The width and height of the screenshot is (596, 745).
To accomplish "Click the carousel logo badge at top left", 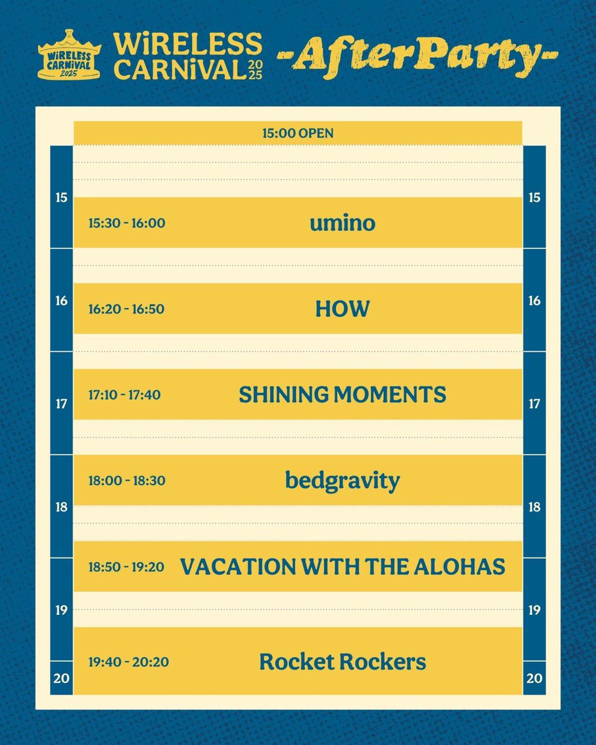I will [x=70, y=55].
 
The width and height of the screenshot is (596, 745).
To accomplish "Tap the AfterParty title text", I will [x=418, y=56].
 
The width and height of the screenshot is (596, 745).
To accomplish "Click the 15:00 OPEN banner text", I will [x=297, y=133].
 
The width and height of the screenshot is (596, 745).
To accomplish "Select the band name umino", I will [x=342, y=223].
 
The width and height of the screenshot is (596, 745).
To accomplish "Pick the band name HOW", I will [x=342, y=309].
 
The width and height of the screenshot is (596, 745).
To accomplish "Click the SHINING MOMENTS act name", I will [x=342, y=394].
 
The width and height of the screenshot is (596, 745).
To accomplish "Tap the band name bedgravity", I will [x=342, y=481].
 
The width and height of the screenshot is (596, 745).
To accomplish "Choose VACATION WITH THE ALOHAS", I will [x=342, y=566].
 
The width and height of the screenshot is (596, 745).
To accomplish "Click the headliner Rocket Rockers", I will [x=342, y=662].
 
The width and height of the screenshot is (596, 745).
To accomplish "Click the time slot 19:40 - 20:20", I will [x=127, y=662].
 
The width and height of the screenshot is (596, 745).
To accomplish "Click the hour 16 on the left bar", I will [x=61, y=301].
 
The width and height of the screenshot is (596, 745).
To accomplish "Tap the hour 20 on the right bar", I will [x=535, y=679].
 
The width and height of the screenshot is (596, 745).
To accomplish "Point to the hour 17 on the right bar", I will [x=535, y=404].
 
